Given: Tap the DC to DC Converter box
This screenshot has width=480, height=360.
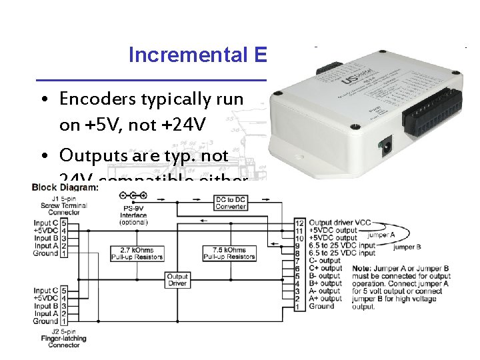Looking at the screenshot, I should (x=231, y=202).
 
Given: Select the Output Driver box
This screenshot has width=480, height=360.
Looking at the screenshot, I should (x=177, y=281).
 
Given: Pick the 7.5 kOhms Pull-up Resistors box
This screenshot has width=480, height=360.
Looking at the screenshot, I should (x=229, y=253).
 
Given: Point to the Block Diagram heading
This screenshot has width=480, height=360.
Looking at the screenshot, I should (x=65, y=187).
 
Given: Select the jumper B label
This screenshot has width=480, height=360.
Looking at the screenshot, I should (x=407, y=247).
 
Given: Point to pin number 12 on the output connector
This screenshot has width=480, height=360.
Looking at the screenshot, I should (x=299, y=222).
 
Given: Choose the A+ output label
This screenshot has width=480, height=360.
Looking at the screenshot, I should (x=325, y=299).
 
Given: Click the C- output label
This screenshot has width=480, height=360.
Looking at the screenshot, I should (x=325, y=261).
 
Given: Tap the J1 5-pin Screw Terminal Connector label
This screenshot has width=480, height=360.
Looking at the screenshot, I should (x=55, y=205).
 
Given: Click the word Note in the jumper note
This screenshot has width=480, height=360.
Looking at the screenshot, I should (x=360, y=269).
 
